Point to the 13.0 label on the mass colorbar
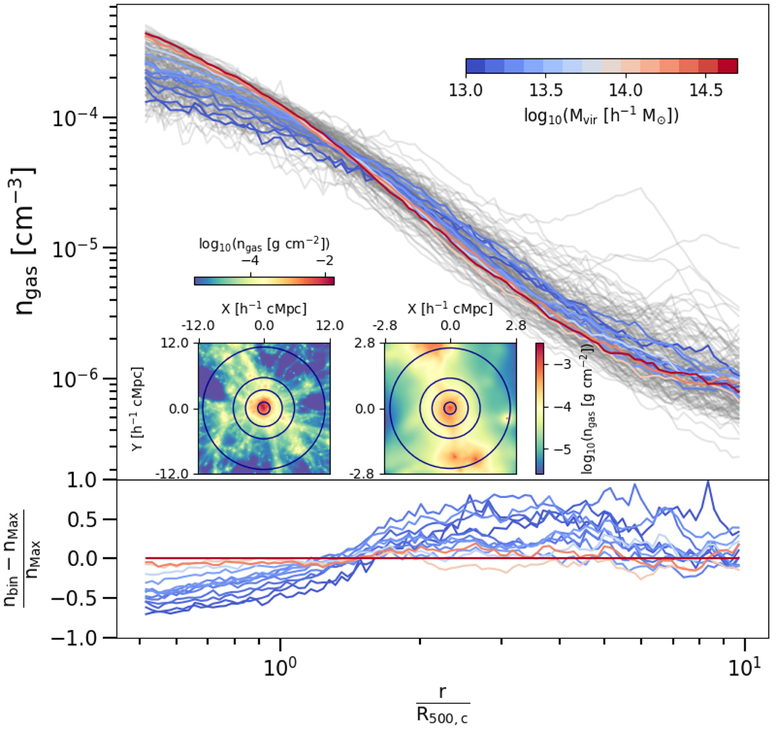coord(466,89)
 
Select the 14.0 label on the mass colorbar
coord(625,89)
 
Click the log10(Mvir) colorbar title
coord(601,116)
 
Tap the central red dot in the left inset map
coord(264,408)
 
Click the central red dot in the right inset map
coord(450,408)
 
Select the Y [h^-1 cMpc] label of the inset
coord(138,409)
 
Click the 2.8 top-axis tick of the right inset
coord(516,325)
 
